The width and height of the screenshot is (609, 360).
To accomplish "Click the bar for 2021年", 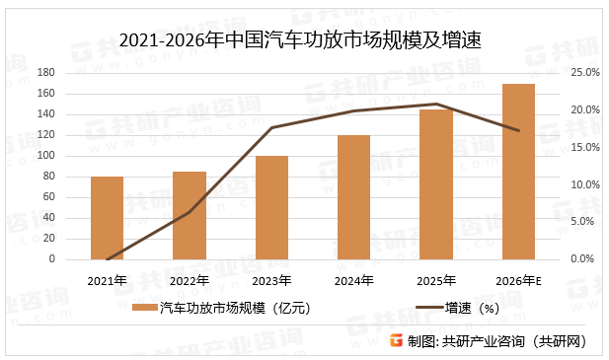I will [x=107, y=218].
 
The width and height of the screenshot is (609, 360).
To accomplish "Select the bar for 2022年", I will [x=190, y=215].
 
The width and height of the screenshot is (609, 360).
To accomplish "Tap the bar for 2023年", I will [x=271, y=207].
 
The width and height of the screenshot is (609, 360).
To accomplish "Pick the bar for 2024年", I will [x=353, y=197].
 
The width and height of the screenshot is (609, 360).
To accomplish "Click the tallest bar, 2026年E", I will [x=518, y=172].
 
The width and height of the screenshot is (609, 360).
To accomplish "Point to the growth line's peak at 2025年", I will [x=436, y=104].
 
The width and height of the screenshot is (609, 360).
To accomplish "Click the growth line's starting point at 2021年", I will [x=107, y=259].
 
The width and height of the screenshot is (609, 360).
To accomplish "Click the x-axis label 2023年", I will [x=271, y=281].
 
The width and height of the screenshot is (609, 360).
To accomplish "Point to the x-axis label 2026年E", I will [x=519, y=281].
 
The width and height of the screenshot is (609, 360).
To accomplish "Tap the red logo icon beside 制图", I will [x=396, y=341].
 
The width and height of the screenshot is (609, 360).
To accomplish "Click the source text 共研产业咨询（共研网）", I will [x=514, y=341].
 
